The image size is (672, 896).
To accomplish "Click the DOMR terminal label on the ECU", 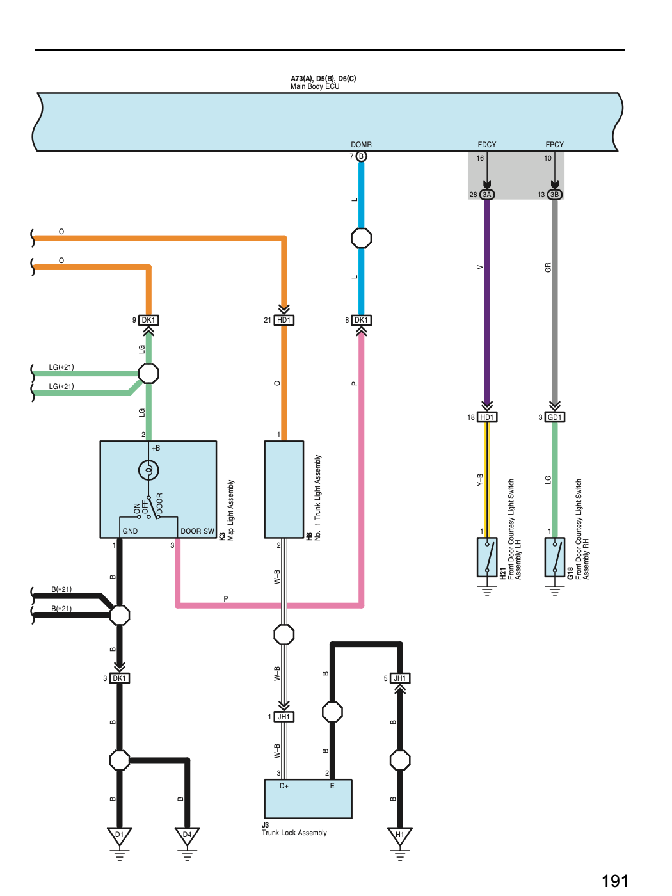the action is coord(361,145).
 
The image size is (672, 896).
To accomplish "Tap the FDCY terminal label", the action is coord(487,145).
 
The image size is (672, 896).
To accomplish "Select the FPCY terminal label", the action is coord(554,145).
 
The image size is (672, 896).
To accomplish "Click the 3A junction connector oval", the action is coord(487,195).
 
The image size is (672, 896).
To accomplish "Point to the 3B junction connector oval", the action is coord(554,195).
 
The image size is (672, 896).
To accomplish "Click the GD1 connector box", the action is coord(554,417).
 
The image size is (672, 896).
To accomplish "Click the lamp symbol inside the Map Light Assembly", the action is coord(148,470).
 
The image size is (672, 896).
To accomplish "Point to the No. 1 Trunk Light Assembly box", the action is coord(284,490).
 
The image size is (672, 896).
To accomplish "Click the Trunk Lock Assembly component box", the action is coord(308,799).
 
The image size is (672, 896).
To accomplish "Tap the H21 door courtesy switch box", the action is coord(487,557).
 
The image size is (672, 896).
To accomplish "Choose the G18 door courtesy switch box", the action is coord(554,557).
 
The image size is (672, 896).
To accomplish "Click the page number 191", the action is coord(615,881).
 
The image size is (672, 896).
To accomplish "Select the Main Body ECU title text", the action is coord(315,86).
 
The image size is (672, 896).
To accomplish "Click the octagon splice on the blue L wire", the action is coord(361,238).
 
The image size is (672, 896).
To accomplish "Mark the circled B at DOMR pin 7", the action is coord(361,156).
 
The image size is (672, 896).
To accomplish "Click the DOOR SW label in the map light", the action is coord(198,531).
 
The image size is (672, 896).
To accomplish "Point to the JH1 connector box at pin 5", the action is coord(400,678).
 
